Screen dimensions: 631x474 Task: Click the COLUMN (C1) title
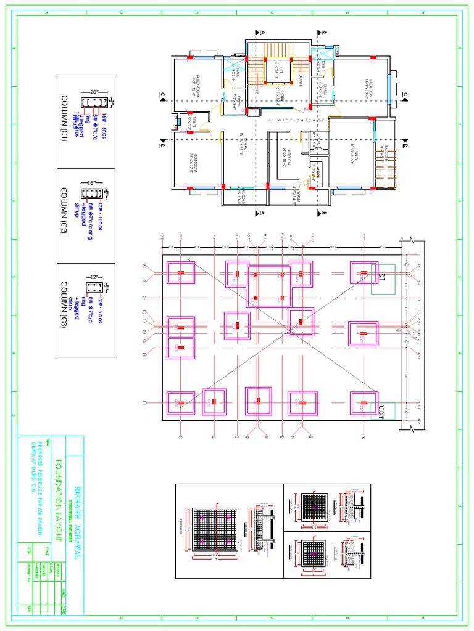click(64, 120)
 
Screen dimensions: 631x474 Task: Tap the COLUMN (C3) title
click(64, 306)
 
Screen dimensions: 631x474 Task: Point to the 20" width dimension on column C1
click(94, 90)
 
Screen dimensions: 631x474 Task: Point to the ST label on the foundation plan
click(382, 275)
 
